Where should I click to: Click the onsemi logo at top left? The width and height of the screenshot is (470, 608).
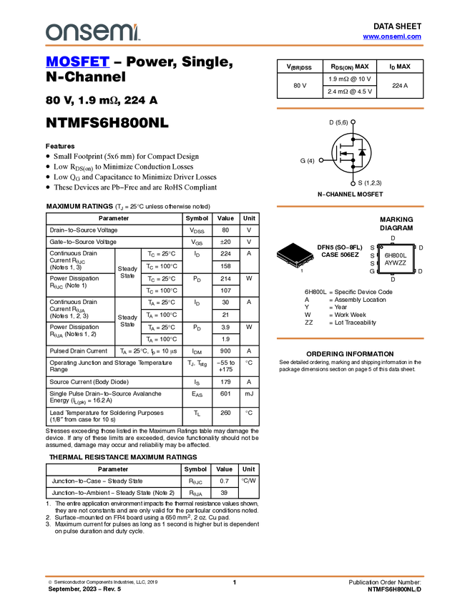coord(92,32)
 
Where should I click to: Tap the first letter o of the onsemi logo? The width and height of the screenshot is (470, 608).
coord(52,33)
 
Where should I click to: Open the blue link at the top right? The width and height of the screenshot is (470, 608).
coord(392,36)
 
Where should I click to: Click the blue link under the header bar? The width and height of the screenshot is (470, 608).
coord(77,62)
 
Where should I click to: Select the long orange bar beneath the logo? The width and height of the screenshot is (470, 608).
coord(234,46)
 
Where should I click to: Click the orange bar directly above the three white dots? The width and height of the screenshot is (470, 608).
coord(350,109)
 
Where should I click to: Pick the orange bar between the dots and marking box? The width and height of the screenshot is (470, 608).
coord(350,207)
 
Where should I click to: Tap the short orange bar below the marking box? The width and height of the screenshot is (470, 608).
coord(350,338)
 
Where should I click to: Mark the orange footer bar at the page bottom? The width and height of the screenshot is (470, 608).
coord(234,576)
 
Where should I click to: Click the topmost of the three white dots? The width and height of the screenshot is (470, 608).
coord(353,122)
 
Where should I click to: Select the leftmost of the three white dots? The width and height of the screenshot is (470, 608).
coord(321,160)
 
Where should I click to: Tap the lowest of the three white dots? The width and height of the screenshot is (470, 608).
coord(353,184)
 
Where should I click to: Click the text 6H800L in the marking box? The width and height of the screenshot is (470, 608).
coord(396,255)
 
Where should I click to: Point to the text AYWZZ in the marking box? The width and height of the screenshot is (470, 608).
coord(396,263)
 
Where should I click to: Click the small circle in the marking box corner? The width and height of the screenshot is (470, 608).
coord(381,247)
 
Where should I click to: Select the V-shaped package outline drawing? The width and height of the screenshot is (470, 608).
coord(295,260)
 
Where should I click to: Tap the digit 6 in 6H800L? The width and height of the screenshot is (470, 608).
coord(387,255)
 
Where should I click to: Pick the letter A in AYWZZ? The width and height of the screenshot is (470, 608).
coord(387,263)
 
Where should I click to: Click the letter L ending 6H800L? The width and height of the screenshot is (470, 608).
coord(405,255)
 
